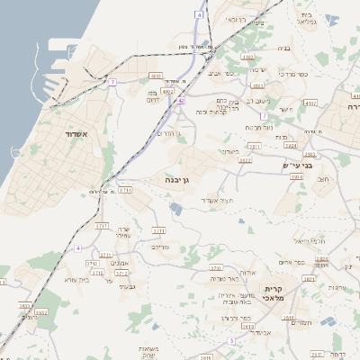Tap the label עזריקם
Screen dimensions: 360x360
pos(161,247)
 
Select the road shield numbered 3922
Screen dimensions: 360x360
pos(245,160)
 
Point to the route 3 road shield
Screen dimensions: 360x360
pos(231,340)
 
